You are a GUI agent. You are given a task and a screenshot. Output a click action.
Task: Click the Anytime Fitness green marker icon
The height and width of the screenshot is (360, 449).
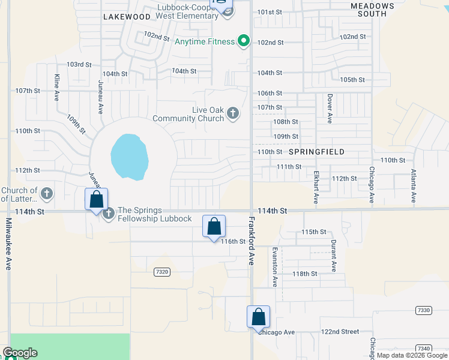(x=243, y=41)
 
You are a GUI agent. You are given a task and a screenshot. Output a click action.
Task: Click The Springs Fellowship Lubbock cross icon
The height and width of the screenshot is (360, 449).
(x=109, y=213)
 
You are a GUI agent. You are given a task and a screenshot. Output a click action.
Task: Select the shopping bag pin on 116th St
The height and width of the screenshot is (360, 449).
(x=214, y=226)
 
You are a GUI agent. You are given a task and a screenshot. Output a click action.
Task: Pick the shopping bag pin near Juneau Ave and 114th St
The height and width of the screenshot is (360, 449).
(x=97, y=200)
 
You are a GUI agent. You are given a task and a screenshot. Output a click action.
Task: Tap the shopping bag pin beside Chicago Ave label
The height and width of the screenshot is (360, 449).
(x=258, y=316)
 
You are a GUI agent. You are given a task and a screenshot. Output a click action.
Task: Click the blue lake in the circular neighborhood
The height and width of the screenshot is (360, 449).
(x=129, y=157)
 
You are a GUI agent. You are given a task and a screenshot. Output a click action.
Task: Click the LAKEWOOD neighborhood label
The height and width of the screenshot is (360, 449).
(x=126, y=17)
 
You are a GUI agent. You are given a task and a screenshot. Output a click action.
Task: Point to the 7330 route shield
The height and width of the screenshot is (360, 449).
(x=423, y=310)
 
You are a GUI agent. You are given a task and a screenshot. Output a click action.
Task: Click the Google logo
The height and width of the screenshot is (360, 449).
(x=19, y=353)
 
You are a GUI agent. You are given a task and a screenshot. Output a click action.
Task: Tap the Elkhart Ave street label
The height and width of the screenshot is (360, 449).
(x=316, y=187)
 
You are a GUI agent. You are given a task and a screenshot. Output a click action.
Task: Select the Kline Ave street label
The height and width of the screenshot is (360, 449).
(x=56, y=86)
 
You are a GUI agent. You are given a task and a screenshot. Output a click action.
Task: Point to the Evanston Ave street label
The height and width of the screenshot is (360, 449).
(x=275, y=266)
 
